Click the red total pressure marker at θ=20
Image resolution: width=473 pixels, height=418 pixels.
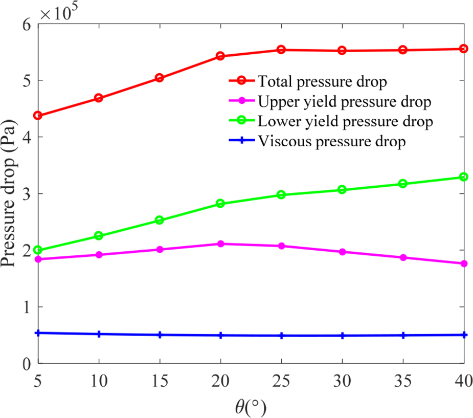(220, 56)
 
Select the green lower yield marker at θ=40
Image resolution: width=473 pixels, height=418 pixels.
(464, 177)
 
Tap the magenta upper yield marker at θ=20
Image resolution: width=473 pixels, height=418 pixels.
(220, 244)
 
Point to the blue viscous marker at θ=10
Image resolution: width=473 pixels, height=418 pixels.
(99, 334)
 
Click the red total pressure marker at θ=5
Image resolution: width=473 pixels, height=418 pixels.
(38, 116)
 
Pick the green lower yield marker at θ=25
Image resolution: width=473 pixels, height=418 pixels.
(281, 195)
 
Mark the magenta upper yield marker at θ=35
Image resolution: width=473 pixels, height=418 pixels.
(403, 257)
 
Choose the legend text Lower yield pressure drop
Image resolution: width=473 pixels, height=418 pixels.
(346, 122)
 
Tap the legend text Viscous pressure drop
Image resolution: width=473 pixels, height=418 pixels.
(332, 142)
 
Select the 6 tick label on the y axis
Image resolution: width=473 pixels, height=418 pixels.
(26, 24)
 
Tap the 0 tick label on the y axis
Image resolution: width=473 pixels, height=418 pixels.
(26, 364)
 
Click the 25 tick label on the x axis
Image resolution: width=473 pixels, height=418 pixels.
(281, 382)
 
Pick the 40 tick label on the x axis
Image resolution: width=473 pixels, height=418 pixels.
(463, 382)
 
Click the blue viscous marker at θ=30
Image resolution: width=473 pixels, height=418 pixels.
(342, 336)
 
